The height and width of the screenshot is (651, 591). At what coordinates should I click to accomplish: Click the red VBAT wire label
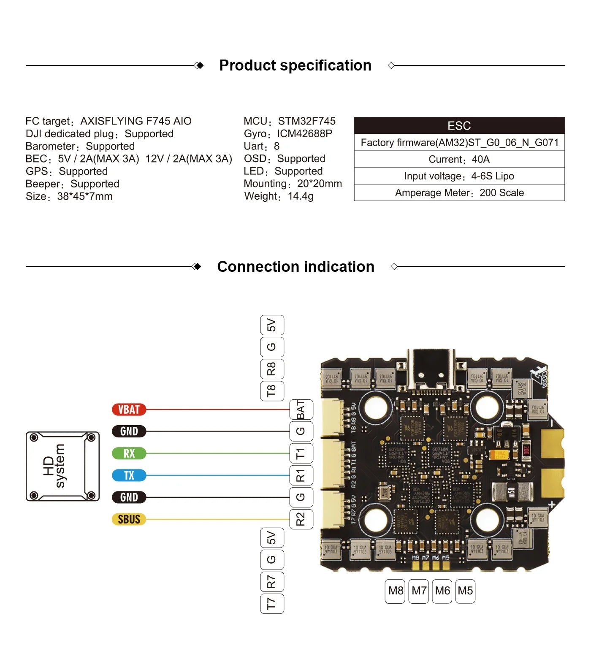[x=129, y=410]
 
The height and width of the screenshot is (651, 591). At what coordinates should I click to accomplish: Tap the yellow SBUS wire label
[x=129, y=519]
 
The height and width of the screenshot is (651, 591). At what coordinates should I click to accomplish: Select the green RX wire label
[x=129, y=453]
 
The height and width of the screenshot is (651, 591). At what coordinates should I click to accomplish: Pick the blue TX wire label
[x=129, y=475]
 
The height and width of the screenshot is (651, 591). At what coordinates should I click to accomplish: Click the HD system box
[x=62, y=466]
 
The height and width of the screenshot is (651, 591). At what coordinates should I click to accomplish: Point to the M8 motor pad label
[x=396, y=591]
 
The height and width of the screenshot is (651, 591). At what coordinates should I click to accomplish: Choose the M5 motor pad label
[x=465, y=591]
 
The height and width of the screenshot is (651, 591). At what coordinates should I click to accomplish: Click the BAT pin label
[x=301, y=410]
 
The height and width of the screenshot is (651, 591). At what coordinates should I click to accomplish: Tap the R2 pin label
[x=301, y=519]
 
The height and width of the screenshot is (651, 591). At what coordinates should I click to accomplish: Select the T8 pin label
[x=272, y=391]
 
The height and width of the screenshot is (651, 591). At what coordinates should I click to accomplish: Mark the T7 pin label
[x=272, y=603]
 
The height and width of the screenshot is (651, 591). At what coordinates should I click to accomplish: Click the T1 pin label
[x=301, y=454]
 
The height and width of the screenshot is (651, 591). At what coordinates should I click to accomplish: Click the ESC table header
[x=459, y=126]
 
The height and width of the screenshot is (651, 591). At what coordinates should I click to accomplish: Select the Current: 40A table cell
[x=459, y=160]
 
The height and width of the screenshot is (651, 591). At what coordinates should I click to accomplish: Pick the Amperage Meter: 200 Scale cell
[x=459, y=193]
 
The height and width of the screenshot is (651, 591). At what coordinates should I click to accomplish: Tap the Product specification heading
[x=295, y=65]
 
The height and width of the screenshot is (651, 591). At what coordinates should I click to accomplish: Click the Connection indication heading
[x=295, y=267]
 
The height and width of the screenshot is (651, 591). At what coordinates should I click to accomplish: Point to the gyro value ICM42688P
[x=304, y=134]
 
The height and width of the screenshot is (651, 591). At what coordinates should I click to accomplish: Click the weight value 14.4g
[x=301, y=196]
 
